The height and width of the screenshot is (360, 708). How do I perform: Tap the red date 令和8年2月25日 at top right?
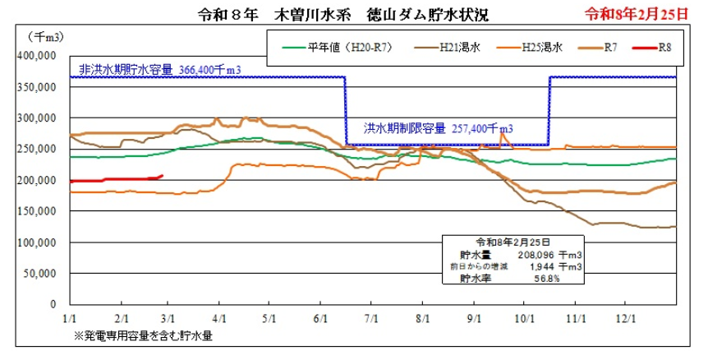(x=636, y=15)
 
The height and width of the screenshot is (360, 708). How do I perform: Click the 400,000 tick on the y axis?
(x=35, y=56)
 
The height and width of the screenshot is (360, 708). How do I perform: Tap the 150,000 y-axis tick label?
(x=35, y=211)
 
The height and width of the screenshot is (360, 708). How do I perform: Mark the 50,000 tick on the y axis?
(x=38, y=274)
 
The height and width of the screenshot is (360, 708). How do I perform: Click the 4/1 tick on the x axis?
(x=219, y=316)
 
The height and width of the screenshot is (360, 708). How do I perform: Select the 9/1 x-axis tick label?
(x=474, y=316)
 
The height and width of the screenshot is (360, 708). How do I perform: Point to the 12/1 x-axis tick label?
(x=626, y=316)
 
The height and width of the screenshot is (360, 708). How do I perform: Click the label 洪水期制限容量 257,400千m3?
(x=439, y=128)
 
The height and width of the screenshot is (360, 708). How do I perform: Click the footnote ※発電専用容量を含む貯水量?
(x=148, y=335)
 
